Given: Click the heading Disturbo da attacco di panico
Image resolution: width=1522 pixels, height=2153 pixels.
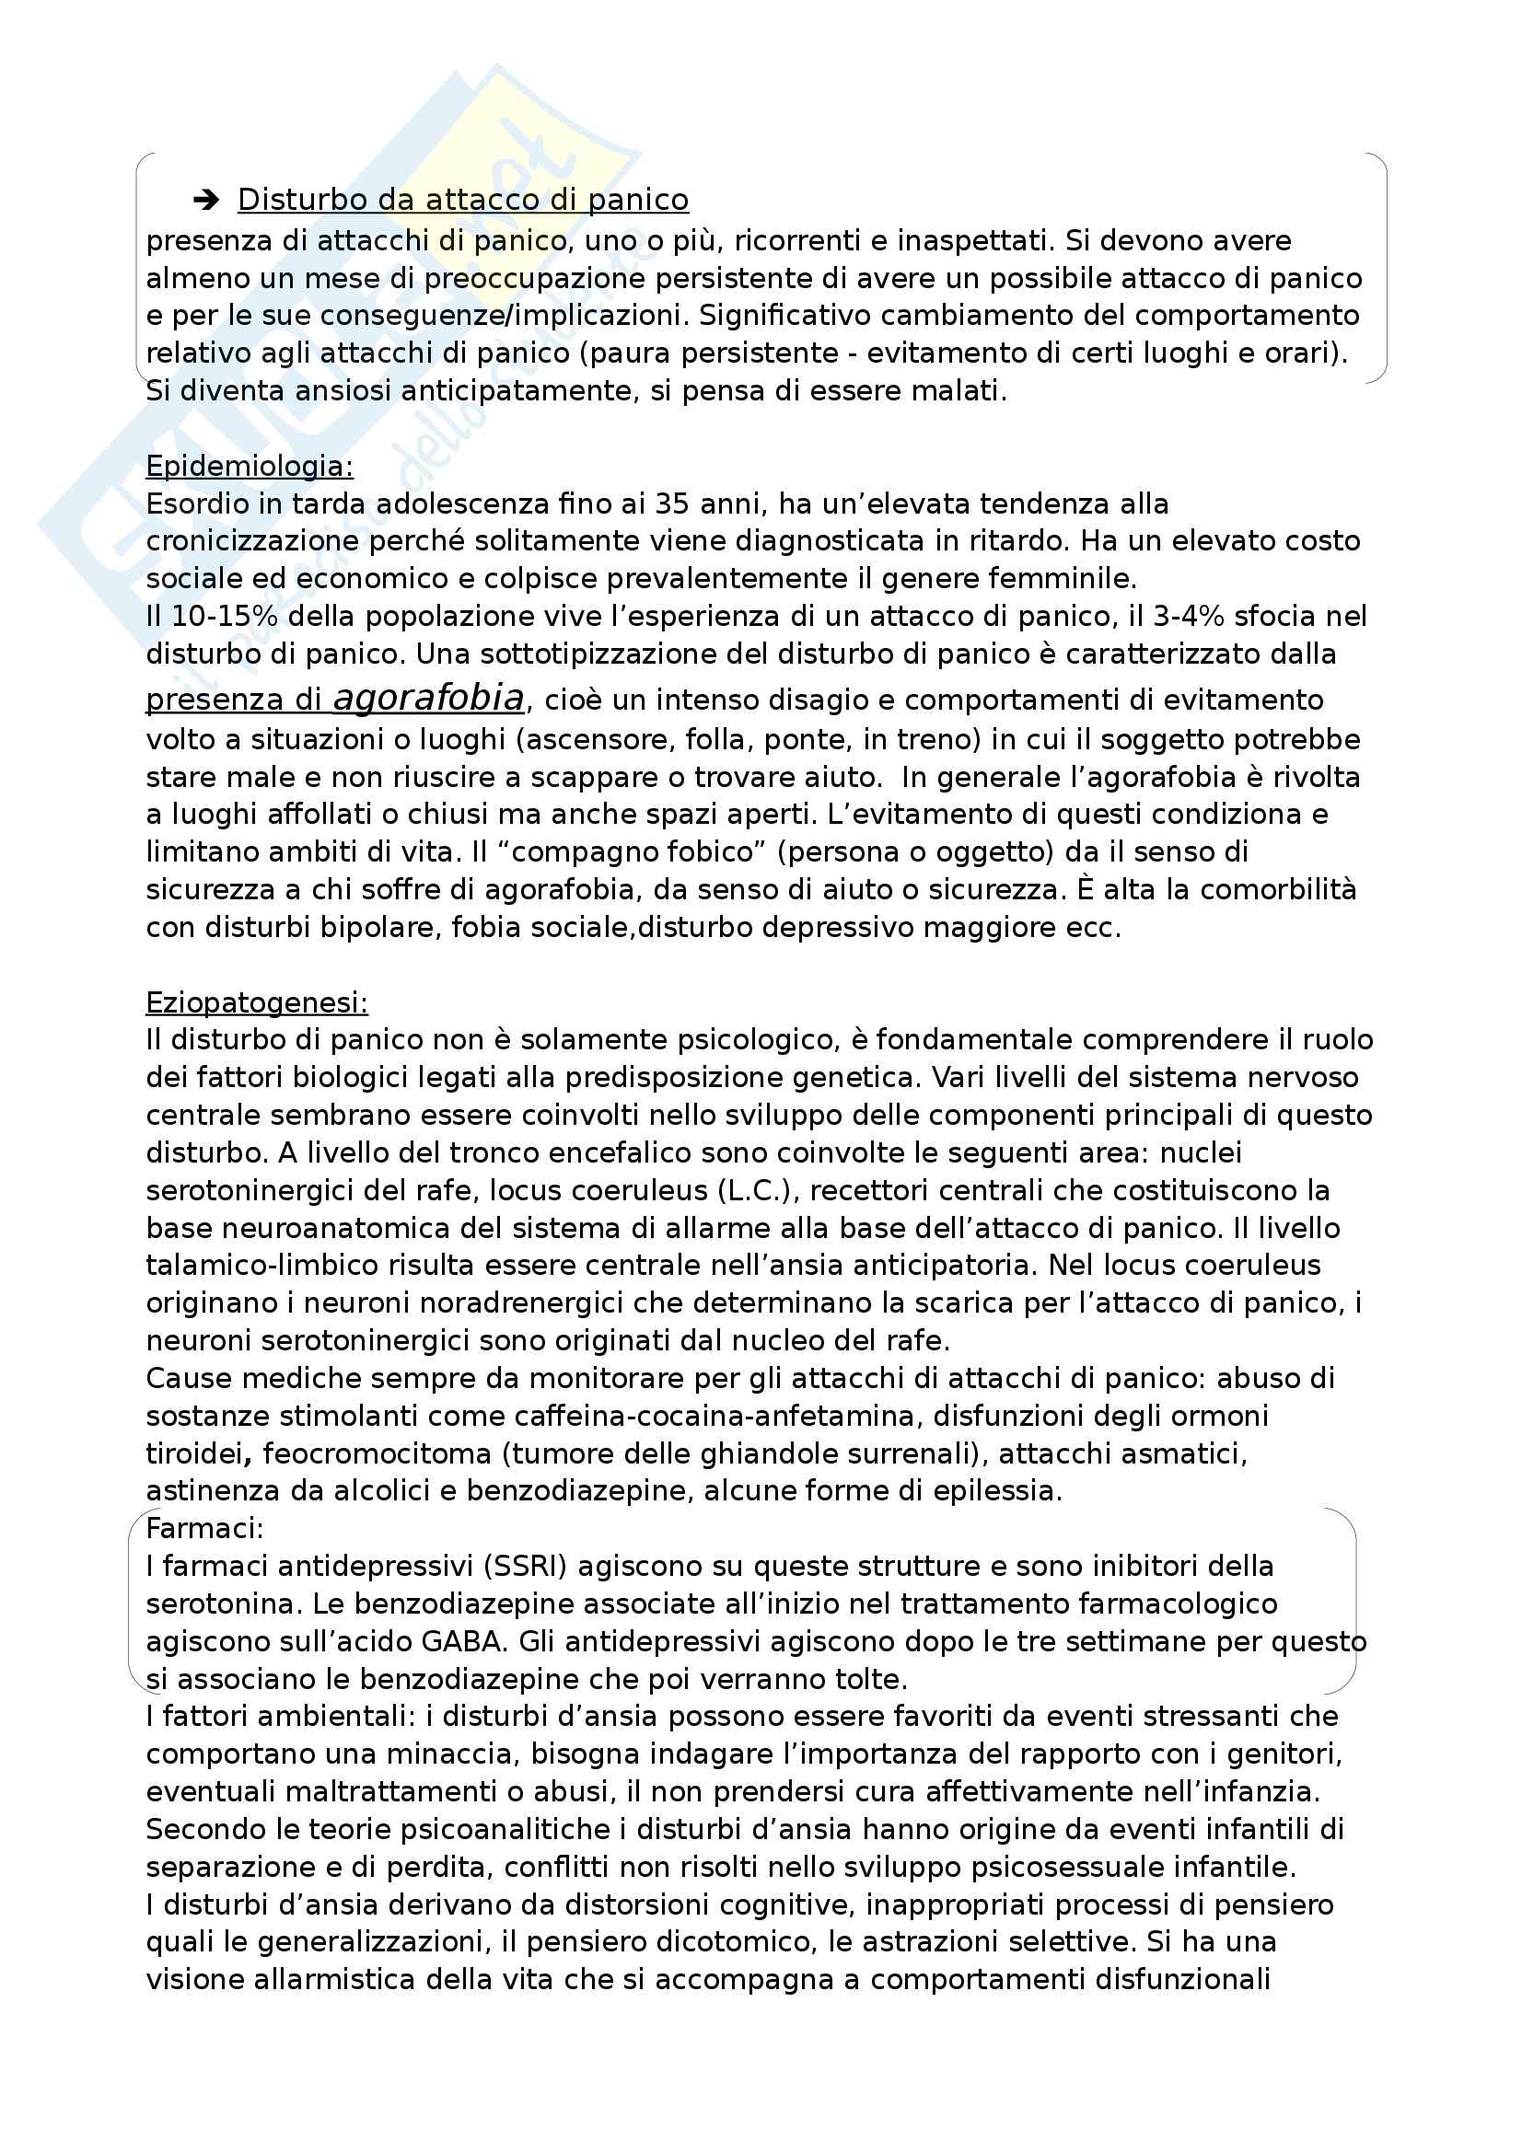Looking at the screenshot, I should tap(462, 200).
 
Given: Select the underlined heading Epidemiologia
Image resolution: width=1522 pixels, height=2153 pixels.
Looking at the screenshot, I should tap(250, 466).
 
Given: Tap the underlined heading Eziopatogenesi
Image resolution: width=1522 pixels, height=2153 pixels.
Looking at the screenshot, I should tap(257, 1002).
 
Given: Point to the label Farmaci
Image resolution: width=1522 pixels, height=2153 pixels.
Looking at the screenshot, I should tap(204, 1529).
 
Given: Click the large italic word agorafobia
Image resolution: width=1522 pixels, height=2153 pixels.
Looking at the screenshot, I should tap(428, 699).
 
